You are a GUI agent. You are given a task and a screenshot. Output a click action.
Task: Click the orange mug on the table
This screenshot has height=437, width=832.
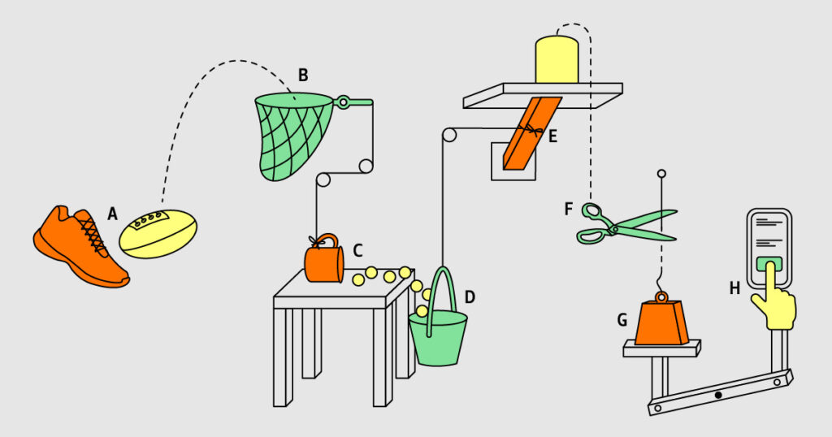(x=323, y=259)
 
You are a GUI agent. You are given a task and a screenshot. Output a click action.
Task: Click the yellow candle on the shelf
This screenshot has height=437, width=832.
(x=557, y=59)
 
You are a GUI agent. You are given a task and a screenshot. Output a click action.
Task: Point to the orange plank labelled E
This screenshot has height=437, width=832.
(x=531, y=133)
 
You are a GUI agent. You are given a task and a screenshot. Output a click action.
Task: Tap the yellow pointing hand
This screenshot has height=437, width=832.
(x=774, y=302)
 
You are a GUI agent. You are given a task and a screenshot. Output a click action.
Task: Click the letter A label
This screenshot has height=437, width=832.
(x=112, y=214)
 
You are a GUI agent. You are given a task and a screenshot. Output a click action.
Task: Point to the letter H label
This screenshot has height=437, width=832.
(x=734, y=288)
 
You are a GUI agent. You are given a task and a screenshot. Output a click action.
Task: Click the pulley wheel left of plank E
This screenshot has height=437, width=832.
(x=448, y=135)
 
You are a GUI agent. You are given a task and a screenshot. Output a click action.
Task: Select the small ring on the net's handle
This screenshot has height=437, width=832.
(x=344, y=102)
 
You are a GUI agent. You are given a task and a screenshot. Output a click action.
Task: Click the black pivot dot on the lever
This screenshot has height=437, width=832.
(x=718, y=395)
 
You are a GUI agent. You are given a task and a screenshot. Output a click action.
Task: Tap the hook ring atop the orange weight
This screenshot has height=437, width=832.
(x=661, y=297)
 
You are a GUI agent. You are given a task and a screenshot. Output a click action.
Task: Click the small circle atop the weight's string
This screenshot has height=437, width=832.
(x=661, y=174)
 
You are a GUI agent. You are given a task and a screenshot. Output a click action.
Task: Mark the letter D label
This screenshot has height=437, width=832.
(x=470, y=297)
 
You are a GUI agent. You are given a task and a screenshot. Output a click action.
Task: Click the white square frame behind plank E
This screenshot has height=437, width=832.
(x=513, y=161)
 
